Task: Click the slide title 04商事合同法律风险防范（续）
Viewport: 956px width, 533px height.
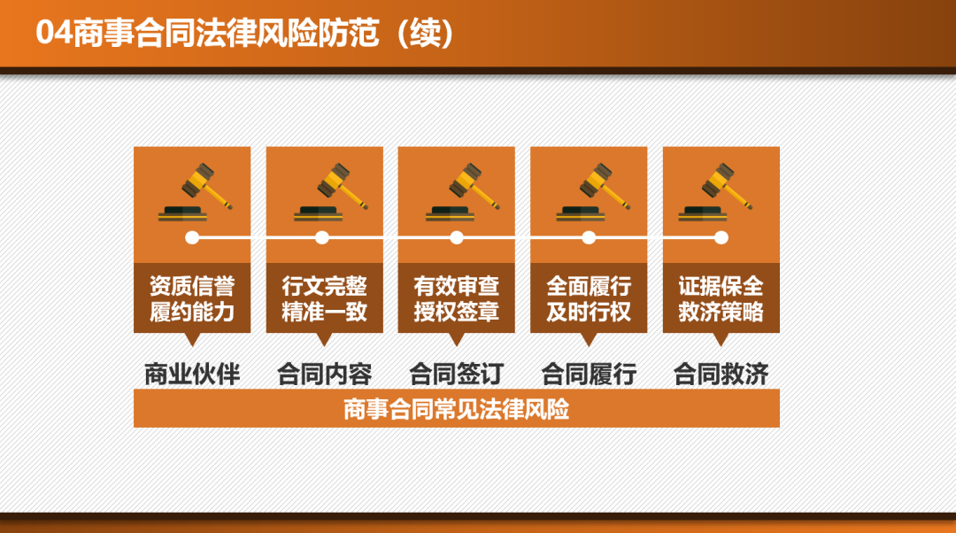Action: coord(245,33)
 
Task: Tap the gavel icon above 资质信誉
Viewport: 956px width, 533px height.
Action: coord(195,191)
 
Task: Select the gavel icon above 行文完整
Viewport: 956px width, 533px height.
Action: coord(331,191)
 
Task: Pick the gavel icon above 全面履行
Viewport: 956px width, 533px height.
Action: coord(593,191)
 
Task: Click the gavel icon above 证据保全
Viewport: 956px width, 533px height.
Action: coord(715,191)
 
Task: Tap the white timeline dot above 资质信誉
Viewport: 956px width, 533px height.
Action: coord(192,237)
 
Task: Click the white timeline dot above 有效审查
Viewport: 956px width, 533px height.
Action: coord(456,237)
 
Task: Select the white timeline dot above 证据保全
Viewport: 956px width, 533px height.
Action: coord(721,237)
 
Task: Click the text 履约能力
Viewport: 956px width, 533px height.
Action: coord(192,313)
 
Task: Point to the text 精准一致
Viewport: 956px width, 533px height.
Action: coord(324,313)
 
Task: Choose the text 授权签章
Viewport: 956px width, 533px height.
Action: coord(456,313)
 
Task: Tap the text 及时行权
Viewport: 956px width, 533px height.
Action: coord(589,313)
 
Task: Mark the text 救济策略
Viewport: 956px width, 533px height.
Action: coord(721,313)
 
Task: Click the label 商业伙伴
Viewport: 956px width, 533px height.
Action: coord(192,374)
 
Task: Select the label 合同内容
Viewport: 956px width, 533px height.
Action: coord(324,374)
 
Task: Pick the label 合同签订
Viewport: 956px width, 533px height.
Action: coord(456,374)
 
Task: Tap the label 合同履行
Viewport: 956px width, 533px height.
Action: coord(589,374)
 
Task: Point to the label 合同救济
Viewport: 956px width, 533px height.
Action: coord(721,374)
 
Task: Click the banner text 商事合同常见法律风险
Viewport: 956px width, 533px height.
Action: coord(456,409)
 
